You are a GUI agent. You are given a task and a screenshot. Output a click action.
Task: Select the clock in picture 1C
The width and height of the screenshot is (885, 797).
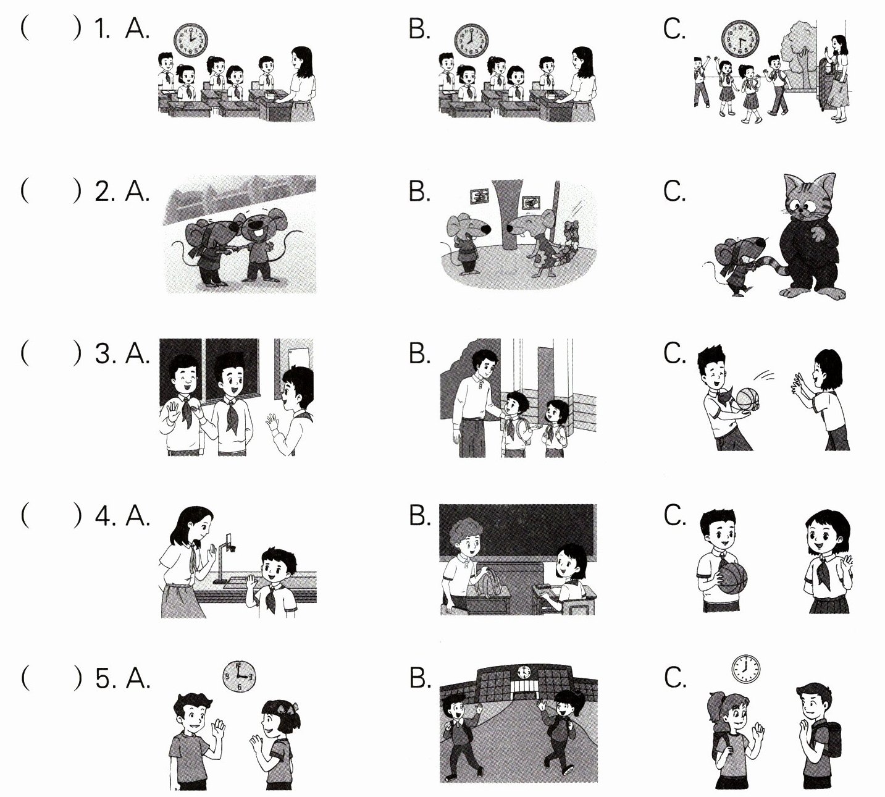point(740,38)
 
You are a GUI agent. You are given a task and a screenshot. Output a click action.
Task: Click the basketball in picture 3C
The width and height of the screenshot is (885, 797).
point(748,399)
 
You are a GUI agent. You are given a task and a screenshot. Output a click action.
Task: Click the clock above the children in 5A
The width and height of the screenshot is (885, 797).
point(239,677)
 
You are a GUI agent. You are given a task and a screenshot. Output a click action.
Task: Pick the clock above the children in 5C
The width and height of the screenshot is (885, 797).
point(746,668)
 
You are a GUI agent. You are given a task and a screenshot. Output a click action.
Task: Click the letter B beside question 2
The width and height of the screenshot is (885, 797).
point(419,192)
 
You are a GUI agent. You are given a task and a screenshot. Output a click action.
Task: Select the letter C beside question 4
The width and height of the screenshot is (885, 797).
point(674,515)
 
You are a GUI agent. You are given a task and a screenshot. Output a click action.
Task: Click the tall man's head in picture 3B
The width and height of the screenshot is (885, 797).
point(484,363)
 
